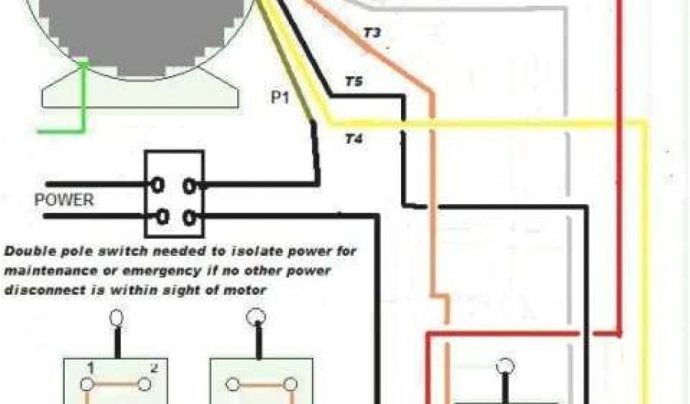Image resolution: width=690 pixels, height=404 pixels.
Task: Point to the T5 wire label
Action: pyautogui.click(x=354, y=82)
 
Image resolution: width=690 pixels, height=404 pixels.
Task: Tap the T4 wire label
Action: pyautogui.click(x=354, y=140)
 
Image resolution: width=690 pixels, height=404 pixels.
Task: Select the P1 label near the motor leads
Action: pyautogui.click(x=280, y=98)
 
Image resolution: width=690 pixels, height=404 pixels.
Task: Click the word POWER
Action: pyautogui.click(x=65, y=201)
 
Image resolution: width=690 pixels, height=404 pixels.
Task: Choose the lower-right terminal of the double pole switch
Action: pyautogui.click(x=191, y=216)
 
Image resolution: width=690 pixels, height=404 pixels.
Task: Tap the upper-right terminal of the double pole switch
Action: pyautogui.click(x=191, y=183)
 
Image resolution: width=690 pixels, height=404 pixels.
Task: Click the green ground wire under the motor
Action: pyautogui.click(x=84, y=101)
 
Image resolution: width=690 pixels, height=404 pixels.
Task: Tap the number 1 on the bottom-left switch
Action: pyautogui.click(x=89, y=368)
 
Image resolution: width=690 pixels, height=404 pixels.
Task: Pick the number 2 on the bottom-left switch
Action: pyautogui.click(x=154, y=368)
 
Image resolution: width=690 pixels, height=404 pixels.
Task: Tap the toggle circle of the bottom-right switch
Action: pyautogui.click(x=503, y=367)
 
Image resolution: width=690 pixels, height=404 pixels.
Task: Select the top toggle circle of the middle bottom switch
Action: pyautogui.click(x=257, y=317)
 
